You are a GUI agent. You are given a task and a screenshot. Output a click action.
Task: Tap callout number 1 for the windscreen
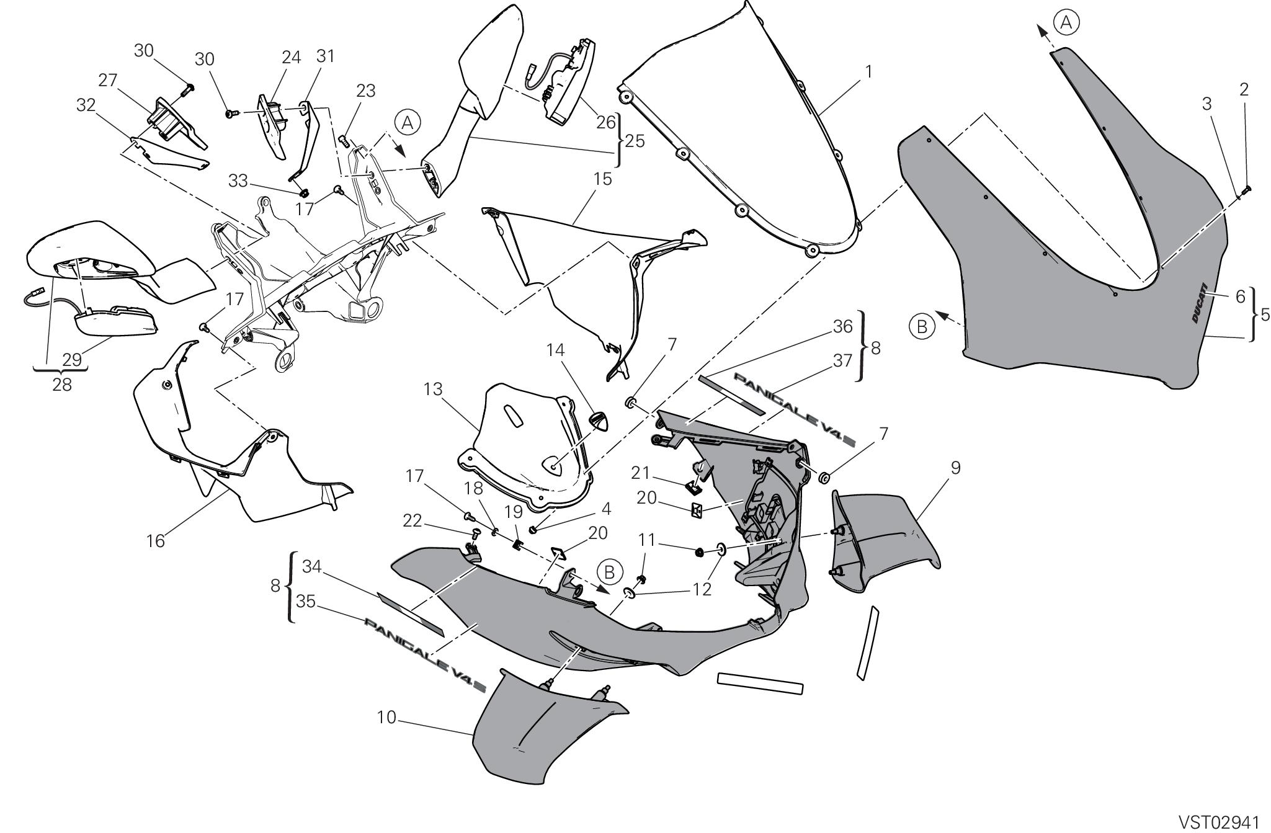pos(869,72)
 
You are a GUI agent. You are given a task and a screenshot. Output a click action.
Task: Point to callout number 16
pos(156,541)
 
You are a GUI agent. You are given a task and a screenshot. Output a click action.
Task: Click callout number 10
pos(386,718)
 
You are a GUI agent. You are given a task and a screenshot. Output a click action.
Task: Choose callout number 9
pos(955,468)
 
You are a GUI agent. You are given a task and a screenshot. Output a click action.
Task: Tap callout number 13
pos(433,390)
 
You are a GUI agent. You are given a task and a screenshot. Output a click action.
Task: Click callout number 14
pos(555,350)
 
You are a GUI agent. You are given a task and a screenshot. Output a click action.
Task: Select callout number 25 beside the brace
pos(635,141)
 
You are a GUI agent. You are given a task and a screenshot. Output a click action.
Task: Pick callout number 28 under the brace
pos(62,385)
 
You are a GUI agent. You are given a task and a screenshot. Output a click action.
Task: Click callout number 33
pos(238,181)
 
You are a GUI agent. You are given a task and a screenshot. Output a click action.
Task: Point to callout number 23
pos(366,91)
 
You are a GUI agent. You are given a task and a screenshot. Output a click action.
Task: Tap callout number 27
pos(108,81)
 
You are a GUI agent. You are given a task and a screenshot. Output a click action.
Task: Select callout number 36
pos(842,326)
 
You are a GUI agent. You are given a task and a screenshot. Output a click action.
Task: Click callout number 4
pos(606,509)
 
